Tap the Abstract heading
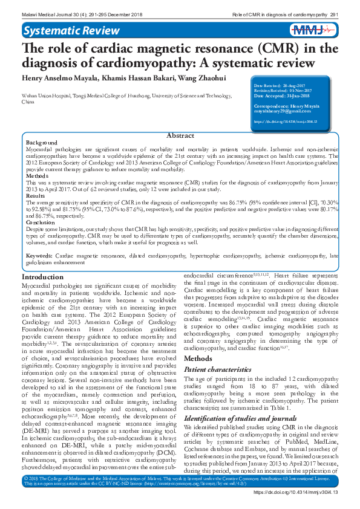point(180,136)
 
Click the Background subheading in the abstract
point(42,142)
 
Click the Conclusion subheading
point(41,222)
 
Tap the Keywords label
point(39,256)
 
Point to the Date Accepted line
point(280,96)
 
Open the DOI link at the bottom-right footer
point(301,493)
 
